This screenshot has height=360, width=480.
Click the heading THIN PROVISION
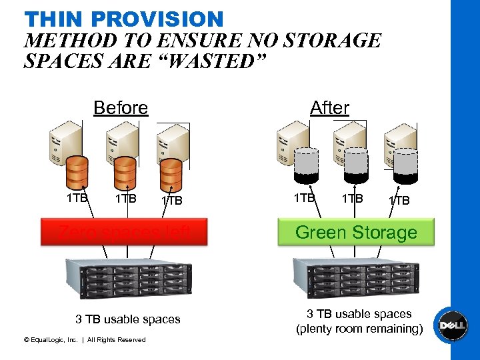123,18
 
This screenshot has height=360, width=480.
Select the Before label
121,107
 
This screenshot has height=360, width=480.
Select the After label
329,107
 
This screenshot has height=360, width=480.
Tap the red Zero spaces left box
124,232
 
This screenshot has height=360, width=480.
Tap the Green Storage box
356,233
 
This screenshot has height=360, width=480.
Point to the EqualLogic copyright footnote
84,340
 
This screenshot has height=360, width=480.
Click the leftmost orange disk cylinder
77,172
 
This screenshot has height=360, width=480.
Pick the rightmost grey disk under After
405,165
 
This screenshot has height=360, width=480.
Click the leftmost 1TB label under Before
77,197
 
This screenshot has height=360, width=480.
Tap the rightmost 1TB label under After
399,200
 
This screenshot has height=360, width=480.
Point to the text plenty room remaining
359,329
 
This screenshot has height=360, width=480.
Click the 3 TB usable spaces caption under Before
127,319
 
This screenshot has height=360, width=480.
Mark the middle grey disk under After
355,165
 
